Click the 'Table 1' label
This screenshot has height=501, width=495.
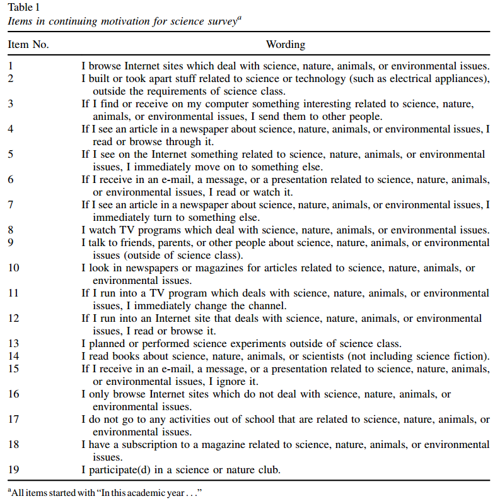coord(21,7)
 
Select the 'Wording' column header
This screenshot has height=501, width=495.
coord(285,45)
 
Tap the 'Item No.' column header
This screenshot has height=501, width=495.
coord(28,45)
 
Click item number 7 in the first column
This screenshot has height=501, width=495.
coord(11,205)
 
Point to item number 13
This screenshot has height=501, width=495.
coord(13,344)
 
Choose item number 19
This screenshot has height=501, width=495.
coord(13,470)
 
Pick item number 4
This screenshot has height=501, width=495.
coord(11,129)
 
